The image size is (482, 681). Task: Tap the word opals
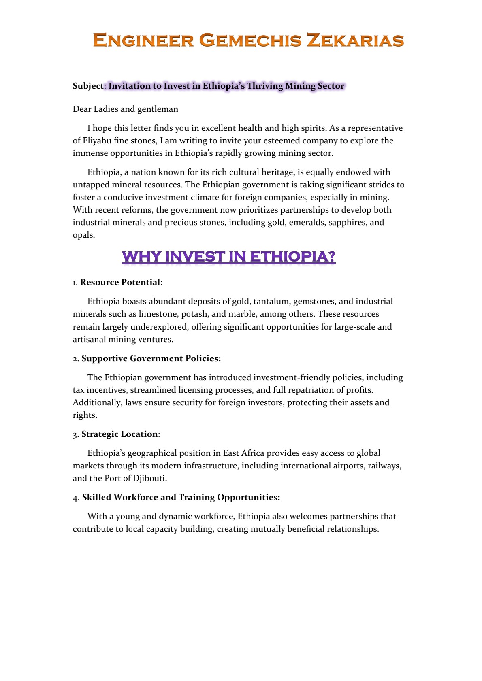pos(83,235)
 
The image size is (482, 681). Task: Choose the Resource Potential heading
pos(120,282)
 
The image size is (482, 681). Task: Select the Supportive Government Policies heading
pos(151,358)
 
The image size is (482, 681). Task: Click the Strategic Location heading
pos(119,434)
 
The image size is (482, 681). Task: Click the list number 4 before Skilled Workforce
pos(76,498)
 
